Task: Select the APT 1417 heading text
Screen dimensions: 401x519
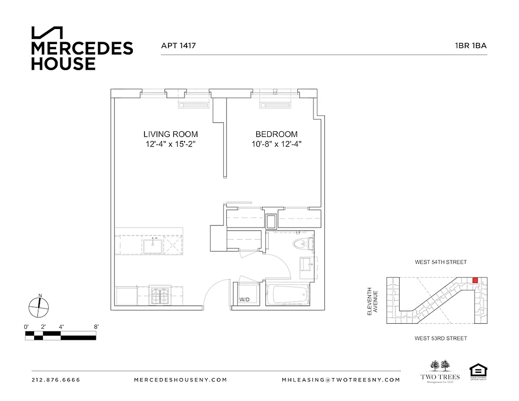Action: (x=178, y=46)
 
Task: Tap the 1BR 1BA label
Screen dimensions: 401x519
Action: (x=470, y=46)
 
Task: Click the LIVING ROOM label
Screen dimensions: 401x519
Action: (x=170, y=134)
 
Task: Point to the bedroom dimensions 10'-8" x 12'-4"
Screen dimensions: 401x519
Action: (x=276, y=144)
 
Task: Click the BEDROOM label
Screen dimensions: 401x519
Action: (x=276, y=134)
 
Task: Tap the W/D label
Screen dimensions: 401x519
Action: (x=244, y=300)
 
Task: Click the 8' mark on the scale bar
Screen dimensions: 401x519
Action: (x=96, y=327)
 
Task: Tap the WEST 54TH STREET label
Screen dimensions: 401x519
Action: (x=440, y=262)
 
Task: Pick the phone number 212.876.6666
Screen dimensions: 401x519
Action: (x=56, y=380)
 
